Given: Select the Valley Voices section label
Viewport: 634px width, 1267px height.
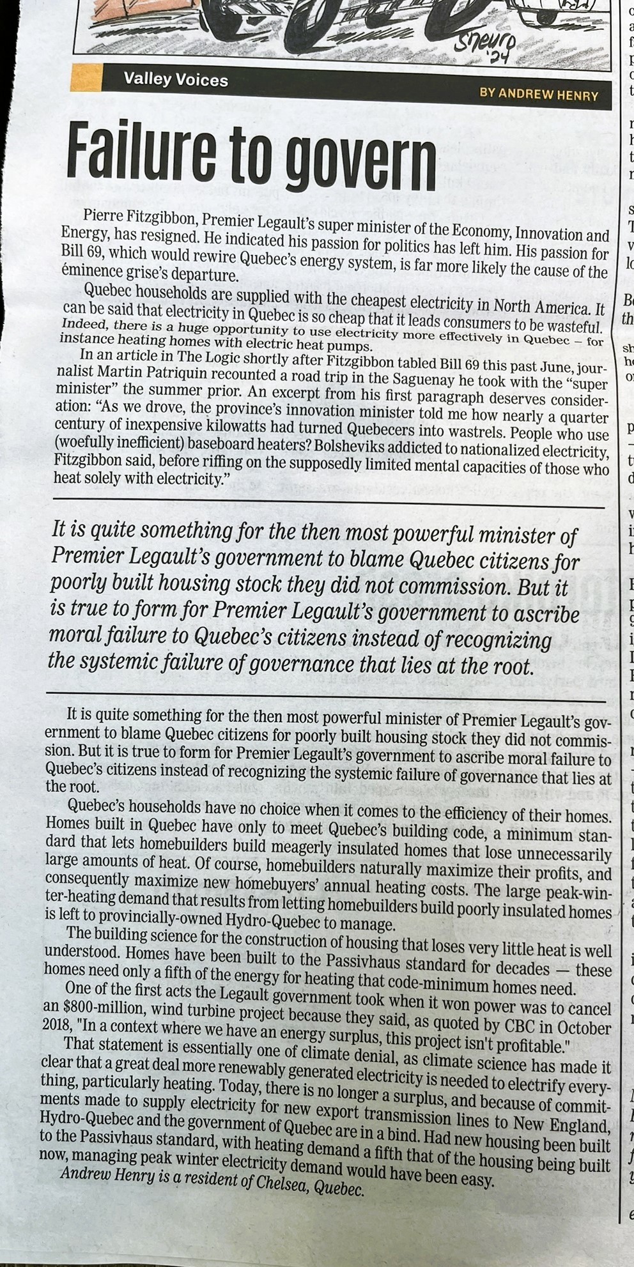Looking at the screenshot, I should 175,80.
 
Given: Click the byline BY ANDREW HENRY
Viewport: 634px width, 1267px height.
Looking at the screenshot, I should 538,95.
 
